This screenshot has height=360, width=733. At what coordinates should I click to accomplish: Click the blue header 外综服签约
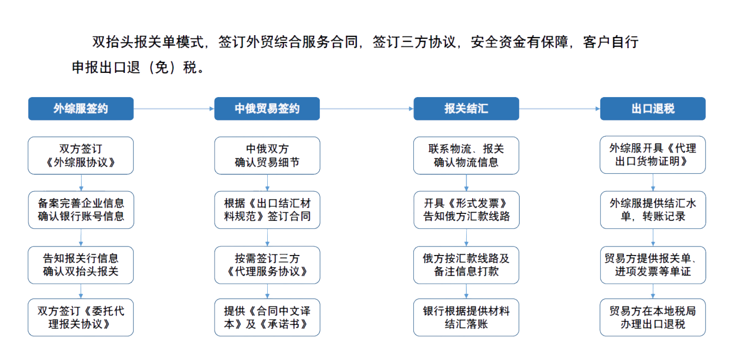coord(81,108)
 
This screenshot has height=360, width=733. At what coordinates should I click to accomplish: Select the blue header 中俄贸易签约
coord(267,108)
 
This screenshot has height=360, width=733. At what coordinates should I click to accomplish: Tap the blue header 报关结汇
coord(466,108)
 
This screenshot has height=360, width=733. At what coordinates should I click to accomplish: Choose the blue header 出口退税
coord(653,108)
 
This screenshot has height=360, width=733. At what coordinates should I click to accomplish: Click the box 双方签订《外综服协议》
coord(81,155)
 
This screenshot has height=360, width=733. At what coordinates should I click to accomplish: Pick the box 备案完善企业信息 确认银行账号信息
coord(81,209)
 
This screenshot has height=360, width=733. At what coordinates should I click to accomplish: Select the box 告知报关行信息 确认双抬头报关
coord(81,265)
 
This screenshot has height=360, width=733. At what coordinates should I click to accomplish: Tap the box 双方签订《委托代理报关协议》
coord(81,317)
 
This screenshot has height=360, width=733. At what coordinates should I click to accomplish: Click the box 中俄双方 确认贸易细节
coord(267,155)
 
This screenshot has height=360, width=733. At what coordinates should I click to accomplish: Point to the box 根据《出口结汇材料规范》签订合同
coord(267,209)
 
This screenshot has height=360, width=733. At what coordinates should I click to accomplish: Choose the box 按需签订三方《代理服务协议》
coord(267,265)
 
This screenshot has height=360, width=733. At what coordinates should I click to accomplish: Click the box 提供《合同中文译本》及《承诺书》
coord(267,317)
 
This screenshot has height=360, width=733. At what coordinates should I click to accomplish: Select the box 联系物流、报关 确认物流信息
coord(466,155)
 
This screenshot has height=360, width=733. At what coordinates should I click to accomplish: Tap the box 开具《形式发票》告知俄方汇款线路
coord(466,209)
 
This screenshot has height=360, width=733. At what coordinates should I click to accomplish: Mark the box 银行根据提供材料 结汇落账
coord(466,317)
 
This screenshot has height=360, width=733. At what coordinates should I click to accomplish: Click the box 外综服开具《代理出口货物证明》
coord(653,155)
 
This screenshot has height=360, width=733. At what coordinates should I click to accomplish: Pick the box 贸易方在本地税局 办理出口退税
coord(653,317)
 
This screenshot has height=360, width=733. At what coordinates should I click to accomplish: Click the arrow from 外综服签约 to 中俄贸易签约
coord(174,108)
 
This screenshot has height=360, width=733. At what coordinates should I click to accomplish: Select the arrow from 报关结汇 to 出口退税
coord(560,108)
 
